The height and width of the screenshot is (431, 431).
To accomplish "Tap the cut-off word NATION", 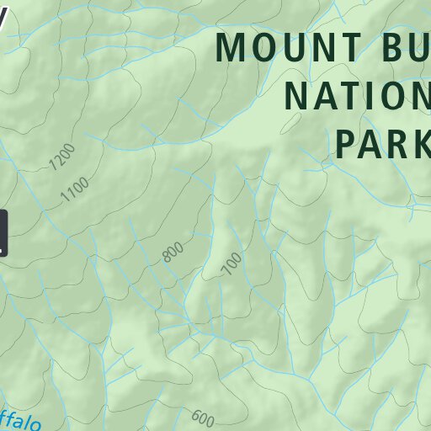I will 357,95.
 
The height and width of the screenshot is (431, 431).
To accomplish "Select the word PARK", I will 383,143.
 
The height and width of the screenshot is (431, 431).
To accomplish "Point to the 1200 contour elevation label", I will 63,157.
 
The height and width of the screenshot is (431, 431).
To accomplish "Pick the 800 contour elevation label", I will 173,251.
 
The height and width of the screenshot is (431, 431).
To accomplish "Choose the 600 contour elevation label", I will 203,417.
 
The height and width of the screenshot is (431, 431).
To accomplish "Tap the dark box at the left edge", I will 3,233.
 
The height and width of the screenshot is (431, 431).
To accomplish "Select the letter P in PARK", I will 349,143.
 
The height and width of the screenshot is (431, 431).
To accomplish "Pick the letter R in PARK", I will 396,143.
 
